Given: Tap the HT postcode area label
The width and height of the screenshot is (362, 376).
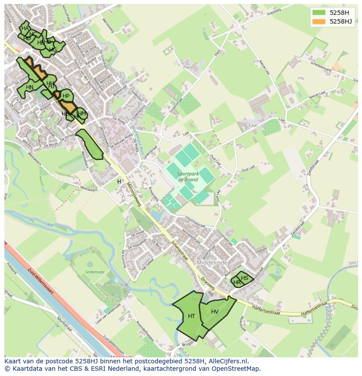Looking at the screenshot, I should [191, 316].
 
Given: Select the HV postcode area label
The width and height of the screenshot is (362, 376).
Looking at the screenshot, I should [215, 311].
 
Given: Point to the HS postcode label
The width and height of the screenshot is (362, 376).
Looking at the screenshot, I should [244, 278].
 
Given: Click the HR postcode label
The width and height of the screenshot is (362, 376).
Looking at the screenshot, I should [237, 283].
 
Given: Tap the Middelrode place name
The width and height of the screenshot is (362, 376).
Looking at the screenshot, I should [212, 263].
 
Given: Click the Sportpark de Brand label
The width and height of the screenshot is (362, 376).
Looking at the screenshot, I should [188, 176].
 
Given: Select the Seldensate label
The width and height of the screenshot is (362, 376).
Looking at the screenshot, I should [95, 272].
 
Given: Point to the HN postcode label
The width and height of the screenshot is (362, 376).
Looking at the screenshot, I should [29, 87].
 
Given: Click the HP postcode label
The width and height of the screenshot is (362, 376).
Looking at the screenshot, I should [66, 96].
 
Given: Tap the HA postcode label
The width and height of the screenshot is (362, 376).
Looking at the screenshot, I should [25, 28].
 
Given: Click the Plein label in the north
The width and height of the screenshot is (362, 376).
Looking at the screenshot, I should [188, 68].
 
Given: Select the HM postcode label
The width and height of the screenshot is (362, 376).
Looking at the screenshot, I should [82, 113].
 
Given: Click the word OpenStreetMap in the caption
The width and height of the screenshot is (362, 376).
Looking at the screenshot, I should [237, 369].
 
